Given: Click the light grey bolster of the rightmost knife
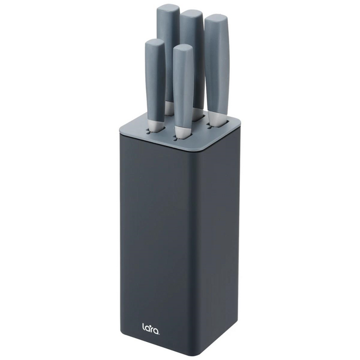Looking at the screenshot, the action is (216, 120).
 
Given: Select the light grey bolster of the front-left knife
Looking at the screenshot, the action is (155, 125).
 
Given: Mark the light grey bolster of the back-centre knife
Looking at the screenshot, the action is (197, 113).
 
